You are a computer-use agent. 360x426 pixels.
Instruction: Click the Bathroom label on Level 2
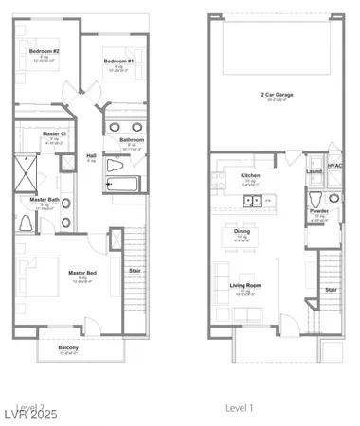click(x=132, y=140)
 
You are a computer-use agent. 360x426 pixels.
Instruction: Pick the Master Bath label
click(x=45, y=200)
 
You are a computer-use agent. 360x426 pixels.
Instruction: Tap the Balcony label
click(x=68, y=348)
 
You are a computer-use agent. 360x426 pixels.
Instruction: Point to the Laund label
click(x=315, y=172)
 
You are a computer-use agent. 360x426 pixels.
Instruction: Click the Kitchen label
click(x=250, y=175)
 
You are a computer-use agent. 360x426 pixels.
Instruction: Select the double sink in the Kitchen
click(x=253, y=200)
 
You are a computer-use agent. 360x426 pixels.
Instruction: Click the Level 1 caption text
click(x=240, y=407)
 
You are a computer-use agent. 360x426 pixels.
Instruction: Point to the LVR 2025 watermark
click(x=32, y=414)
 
